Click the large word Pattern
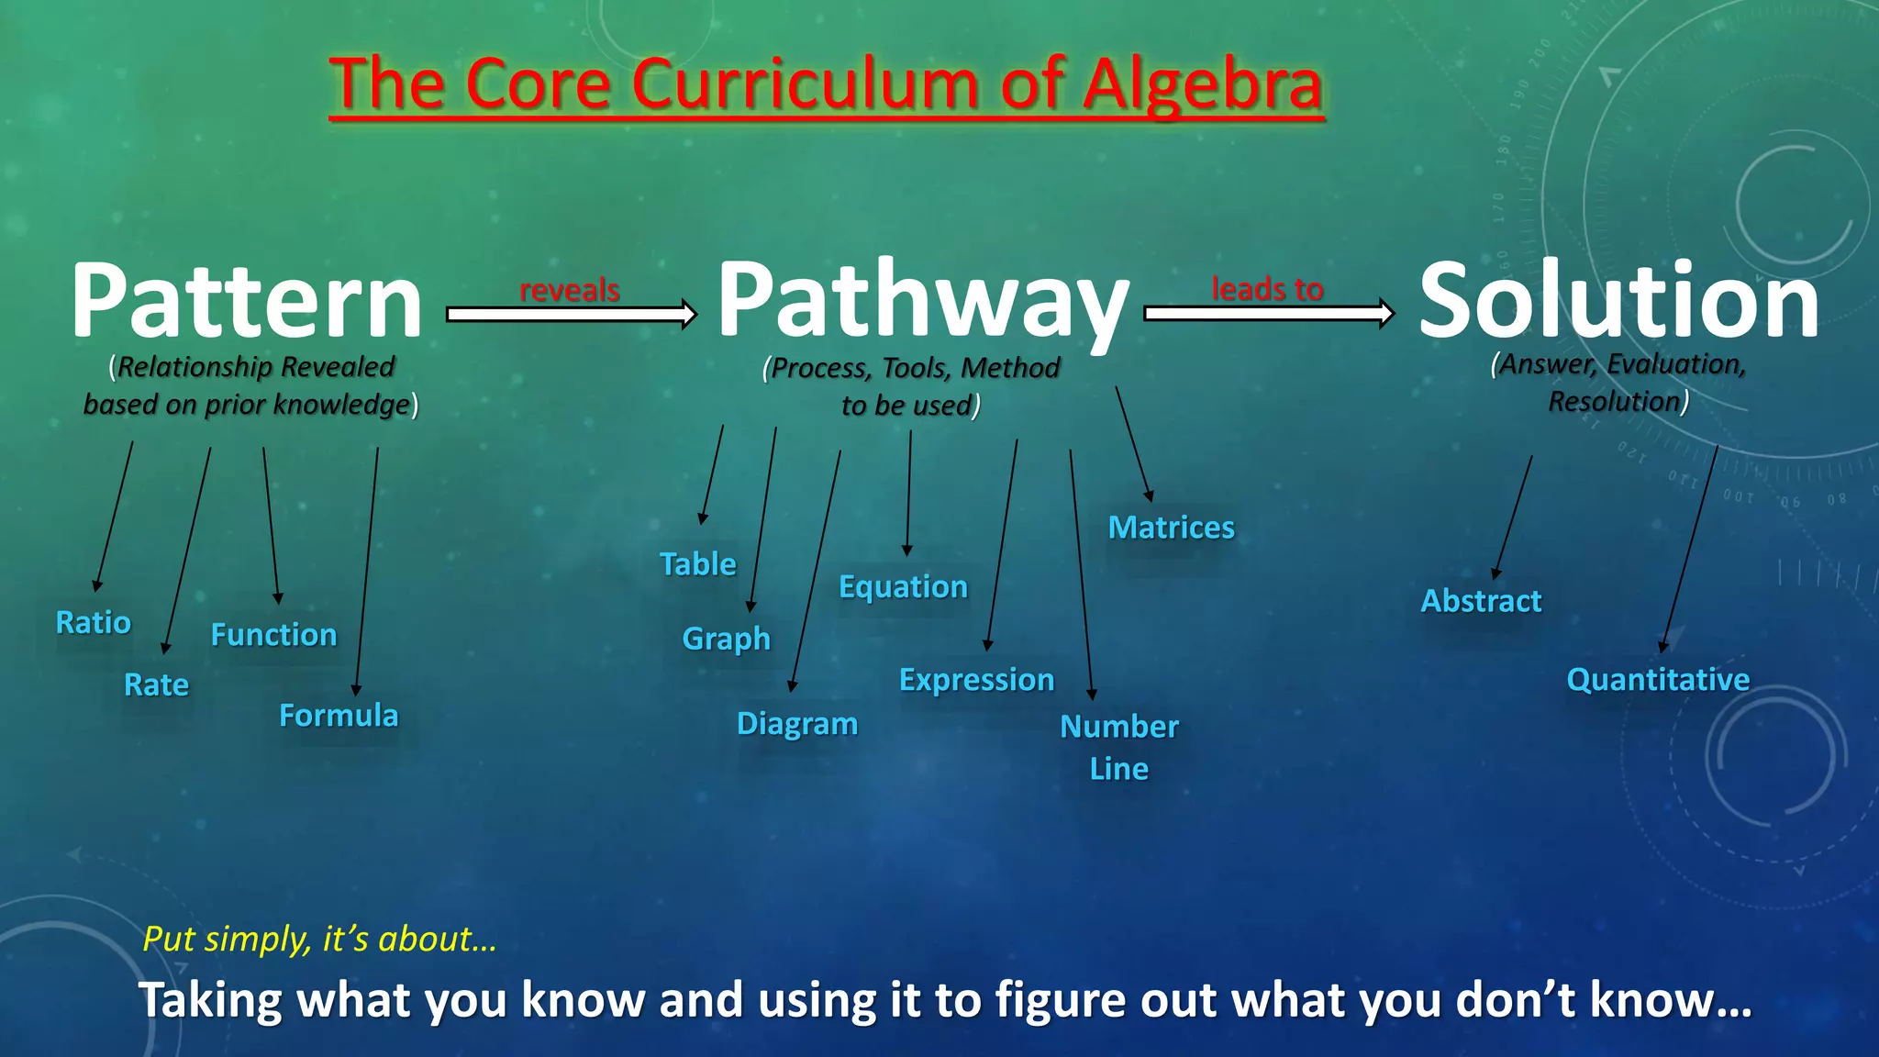point(246,301)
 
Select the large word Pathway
point(922,301)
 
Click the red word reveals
point(570,290)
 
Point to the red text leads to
point(1267,289)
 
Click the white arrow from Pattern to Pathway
point(571,315)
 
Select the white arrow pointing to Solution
point(1268,314)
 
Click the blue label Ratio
point(94,623)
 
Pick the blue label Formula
point(339,716)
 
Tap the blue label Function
point(274,635)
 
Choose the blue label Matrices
point(1172,528)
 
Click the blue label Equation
point(904,587)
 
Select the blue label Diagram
point(797,724)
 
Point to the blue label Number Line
point(1119,747)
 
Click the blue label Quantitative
point(1658,680)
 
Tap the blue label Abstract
point(1481,601)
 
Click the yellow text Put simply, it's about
point(319,940)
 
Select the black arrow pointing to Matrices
point(1133,442)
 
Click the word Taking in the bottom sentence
point(210,1000)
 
